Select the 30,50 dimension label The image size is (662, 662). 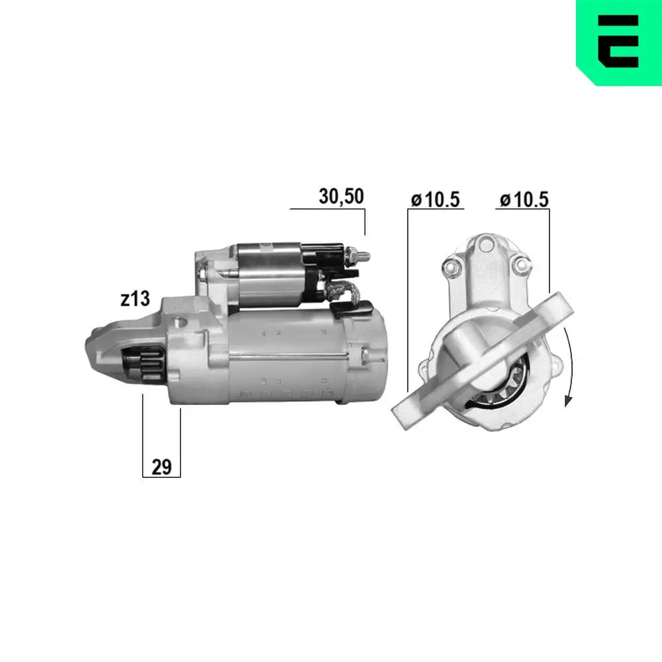click(x=341, y=197)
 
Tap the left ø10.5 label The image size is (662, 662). click(x=435, y=199)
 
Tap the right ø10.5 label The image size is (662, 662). click(x=524, y=199)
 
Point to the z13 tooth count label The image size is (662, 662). click(x=135, y=299)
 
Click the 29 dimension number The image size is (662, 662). click(x=162, y=467)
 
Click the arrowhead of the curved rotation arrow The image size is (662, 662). click(x=567, y=401)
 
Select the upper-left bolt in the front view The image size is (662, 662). click(x=451, y=267)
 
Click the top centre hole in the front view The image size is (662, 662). click(x=485, y=242)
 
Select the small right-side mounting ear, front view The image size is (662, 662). click(x=555, y=367)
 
